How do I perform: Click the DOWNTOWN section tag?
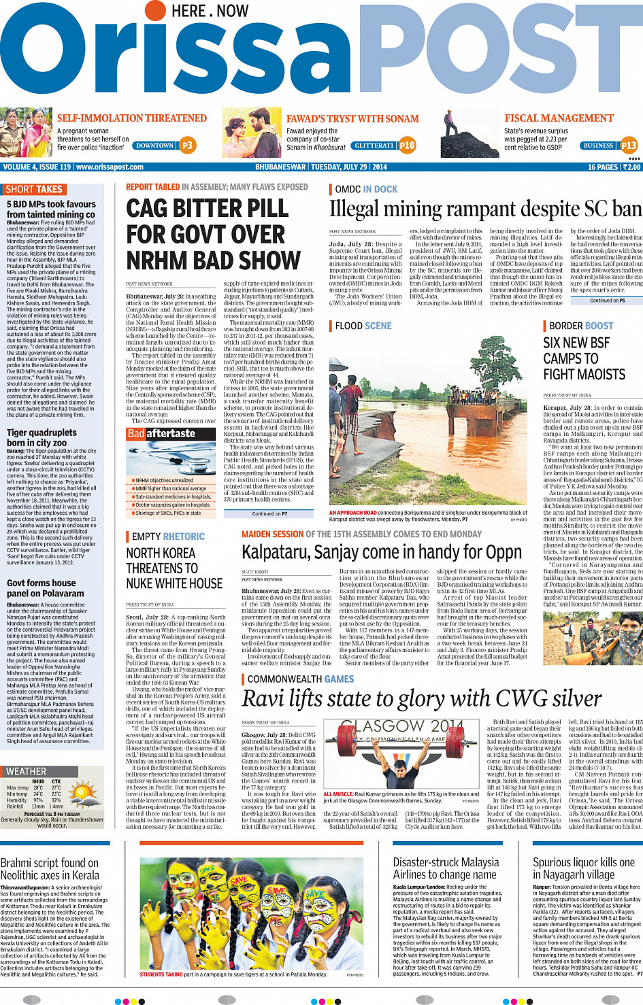[x=154, y=146]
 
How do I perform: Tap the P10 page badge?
[x=407, y=145]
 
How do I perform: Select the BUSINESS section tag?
[x=598, y=146]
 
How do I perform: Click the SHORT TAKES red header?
[x=33, y=190]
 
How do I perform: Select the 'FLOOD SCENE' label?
[x=363, y=326]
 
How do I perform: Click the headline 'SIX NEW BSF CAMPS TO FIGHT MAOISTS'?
[x=584, y=358]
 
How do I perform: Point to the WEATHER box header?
[x=27, y=771]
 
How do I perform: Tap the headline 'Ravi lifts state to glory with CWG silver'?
[x=422, y=698]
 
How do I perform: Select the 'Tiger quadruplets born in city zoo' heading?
[x=42, y=437]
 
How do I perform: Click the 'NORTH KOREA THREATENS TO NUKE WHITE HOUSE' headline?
[x=174, y=568]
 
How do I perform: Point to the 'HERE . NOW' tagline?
[x=210, y=11]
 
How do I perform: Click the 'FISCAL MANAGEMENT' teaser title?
[x=559, y=118]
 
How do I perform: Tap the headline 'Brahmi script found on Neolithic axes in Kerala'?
[x=50, y=869]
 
